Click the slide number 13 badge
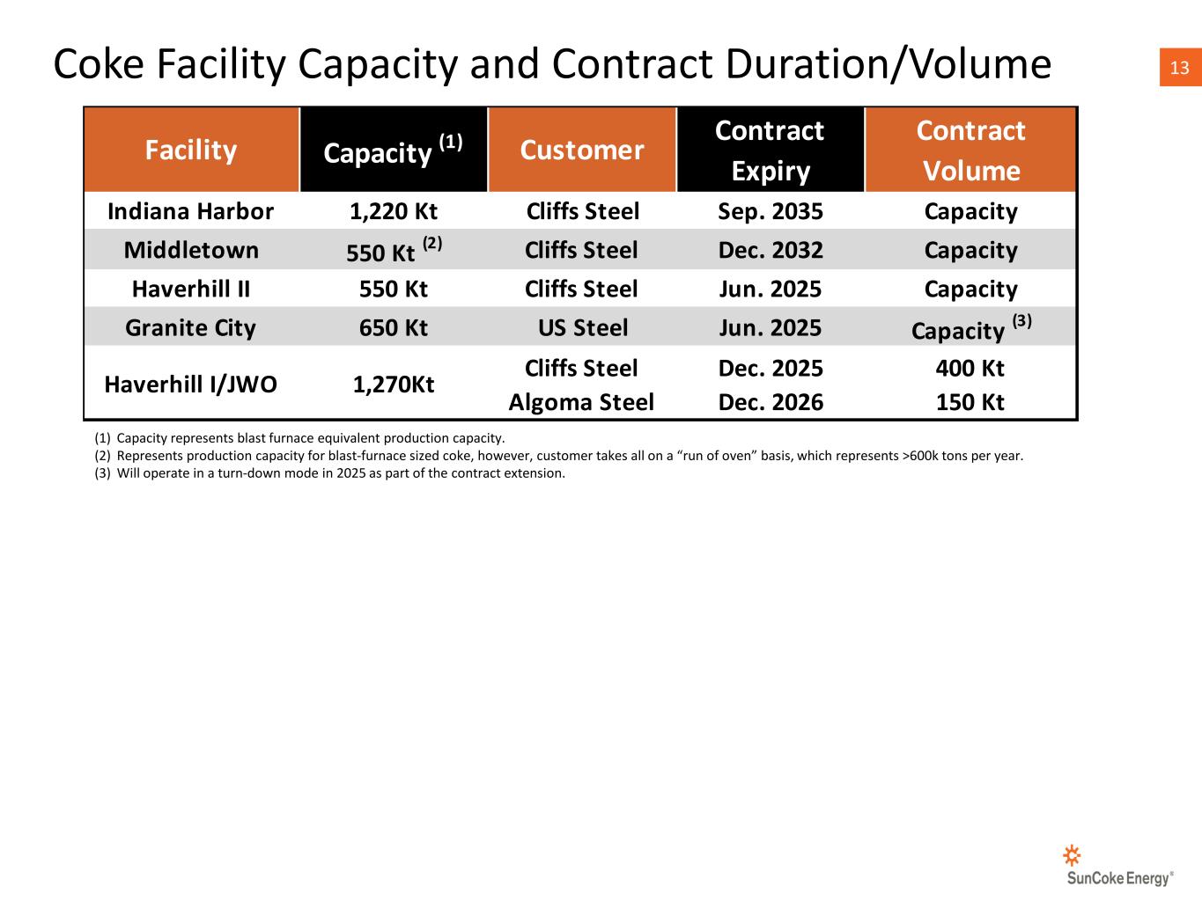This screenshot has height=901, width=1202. (1180, 68)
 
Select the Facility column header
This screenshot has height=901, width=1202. (191, 150)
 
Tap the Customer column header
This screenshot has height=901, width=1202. (582, 150)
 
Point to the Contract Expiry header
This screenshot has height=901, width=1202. (770, 150)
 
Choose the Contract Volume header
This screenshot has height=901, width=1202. (970, 150)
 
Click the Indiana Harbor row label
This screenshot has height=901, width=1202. (190, 211)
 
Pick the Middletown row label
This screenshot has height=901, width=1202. (191, 250)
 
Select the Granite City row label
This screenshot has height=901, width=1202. (190, 327)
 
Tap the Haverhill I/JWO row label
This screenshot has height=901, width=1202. (190, 384)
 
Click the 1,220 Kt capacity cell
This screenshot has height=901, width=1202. (393, 211)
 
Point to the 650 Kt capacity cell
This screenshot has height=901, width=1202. (393, 327)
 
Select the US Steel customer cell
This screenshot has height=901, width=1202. (582, 327)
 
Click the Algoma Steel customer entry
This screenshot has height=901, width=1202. (581, 402)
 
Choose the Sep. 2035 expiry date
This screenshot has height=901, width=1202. (771, 211)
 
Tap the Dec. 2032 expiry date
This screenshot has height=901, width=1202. (771, 250)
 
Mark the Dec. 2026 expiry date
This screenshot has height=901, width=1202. (771, 402)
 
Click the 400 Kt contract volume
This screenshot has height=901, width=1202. (970, 368)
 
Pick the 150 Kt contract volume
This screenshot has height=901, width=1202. (970, 402)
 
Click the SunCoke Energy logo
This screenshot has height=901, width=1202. (1119, 867)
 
